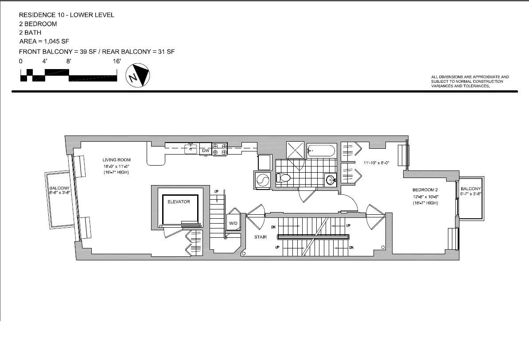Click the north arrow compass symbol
[138, 75]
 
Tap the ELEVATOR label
[179, 201]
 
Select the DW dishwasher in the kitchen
[206, 151]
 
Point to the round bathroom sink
[330, 178]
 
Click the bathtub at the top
[321, 150]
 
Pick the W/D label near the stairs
[233, 223]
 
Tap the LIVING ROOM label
[117, 160]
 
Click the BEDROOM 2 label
[425, 190]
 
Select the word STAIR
[261, 237]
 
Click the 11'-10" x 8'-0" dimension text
[377, 163]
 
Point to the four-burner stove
[219, 149]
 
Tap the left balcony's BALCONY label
[59, 188]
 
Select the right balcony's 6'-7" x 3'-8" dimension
[471, 194]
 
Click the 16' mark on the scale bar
[117, 61]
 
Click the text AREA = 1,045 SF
[44, 42]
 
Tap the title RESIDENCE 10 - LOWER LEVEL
[66, 15]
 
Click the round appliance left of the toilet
[262, 179]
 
